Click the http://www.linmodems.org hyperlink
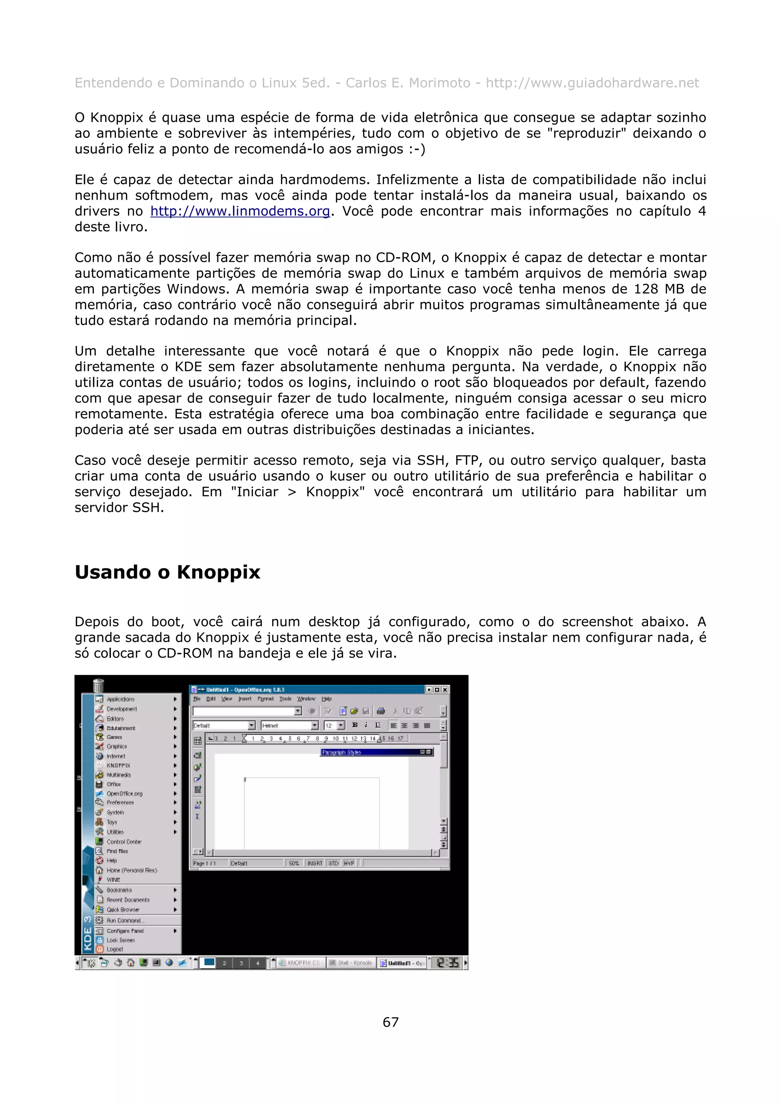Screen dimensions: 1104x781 [x=239, y=211]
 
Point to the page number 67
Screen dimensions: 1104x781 [x=390, y=1022]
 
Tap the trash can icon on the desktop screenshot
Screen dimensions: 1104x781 [x=98, y=685]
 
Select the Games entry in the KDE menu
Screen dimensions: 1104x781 [x=114, y=737]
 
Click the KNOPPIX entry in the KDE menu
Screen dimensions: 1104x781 [x=118, y=765]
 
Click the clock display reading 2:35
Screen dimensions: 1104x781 [x=447, y=963]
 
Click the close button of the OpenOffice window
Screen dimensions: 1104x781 [x=445, y=690]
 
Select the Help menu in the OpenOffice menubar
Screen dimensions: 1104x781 [x=326, y=699]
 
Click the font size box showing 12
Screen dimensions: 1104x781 [x=329, y=726]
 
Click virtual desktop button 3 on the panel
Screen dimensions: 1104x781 [x=241, y=963]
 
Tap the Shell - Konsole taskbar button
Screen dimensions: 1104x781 [x=350, y=963]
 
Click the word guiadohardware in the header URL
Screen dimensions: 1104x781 [x=625, y=83]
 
